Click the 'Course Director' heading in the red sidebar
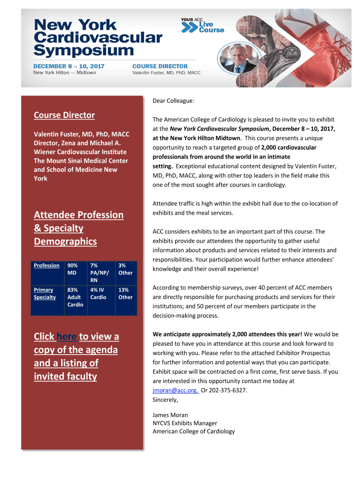coord(64,115)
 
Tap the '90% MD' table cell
coord(72,269)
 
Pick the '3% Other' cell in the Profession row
coord(125,269)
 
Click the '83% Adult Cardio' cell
coord(74,297)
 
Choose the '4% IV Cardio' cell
coord(98,293)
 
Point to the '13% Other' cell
coord(125,293)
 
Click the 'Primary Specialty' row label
coord(45,293)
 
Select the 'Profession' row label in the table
coord(47,265)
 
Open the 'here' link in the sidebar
coord(67,337)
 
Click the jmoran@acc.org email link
coord(175,390)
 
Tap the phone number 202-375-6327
coord(229,390)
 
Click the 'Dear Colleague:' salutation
coord(173,101)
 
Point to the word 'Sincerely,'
coord(166,399)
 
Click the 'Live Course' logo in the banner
coord(203,26)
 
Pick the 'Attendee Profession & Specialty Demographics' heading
coord(79,228)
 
